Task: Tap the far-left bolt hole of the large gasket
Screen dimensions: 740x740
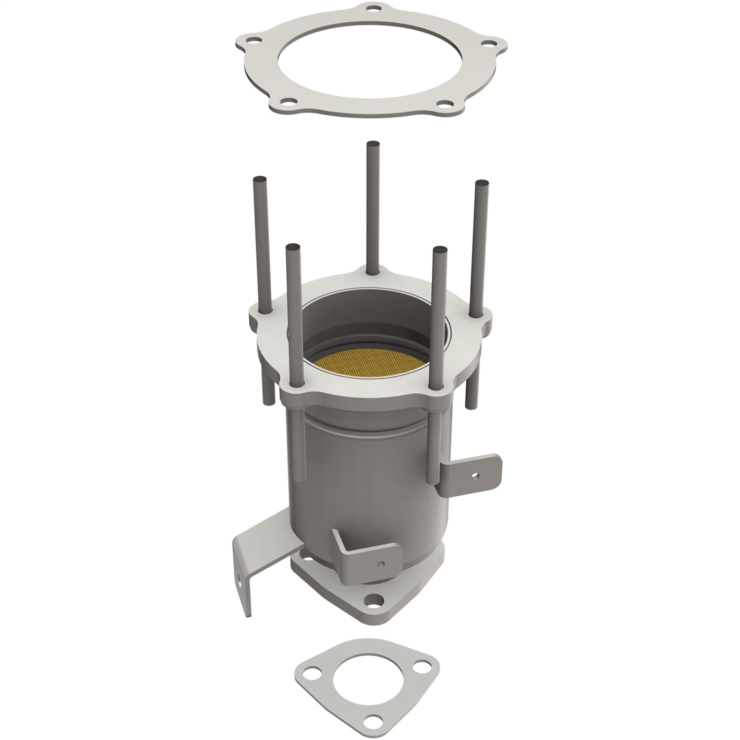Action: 255,41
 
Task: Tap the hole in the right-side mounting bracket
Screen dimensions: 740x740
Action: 474,477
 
